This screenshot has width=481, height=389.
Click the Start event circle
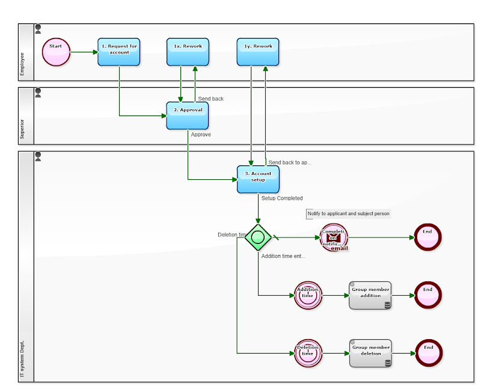(56, 52)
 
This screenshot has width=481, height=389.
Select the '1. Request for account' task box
(119, 52)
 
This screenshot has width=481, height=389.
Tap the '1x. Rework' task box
(188, 52)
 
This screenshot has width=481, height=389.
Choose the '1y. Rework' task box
(258, 52)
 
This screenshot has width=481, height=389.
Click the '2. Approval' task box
(188, 115)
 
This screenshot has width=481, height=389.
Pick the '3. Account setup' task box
(258, 179)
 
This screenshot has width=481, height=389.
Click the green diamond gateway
(258, 237)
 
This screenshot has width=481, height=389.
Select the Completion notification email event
(334, 237)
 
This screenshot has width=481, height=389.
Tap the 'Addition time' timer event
(308, 296)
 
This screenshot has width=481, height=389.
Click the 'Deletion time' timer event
(308, 354)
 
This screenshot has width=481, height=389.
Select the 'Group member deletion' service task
(370, 353)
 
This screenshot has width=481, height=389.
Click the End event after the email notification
(427, 237)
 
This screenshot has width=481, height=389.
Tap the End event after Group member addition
(427, 295)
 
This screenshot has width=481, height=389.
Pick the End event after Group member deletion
(428, 353)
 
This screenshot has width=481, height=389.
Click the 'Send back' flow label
(210, 99)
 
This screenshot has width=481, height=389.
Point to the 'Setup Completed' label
(281, 198)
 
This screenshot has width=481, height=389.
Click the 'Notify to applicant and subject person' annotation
(348, 213)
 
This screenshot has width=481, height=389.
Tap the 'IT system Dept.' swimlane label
(23, 359)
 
